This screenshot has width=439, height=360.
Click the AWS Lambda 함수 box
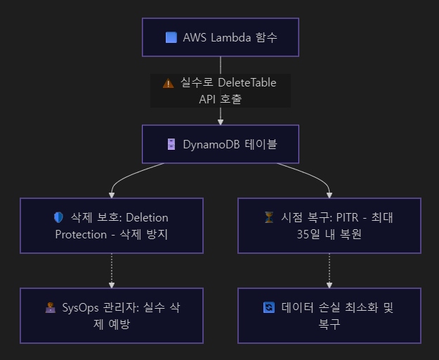tap(220, 37)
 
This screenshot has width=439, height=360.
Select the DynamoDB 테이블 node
tap(220, 144)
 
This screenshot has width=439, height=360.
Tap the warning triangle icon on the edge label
tap(168, 83)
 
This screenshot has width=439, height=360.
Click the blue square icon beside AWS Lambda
tap(171, 37)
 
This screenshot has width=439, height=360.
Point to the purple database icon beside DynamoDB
tap(171, 144)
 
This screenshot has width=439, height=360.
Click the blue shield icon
tap(58, 218)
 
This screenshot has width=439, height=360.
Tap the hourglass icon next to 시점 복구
tap(268, 218)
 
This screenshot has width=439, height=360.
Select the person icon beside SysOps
tap(49, 307)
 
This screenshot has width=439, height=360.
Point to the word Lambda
tap(230, 37)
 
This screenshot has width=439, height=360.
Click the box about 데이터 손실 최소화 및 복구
tap(329, 315)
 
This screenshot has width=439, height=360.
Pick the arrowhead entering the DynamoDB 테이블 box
tap(220, 121)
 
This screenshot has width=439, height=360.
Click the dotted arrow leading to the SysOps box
tap(112, 271)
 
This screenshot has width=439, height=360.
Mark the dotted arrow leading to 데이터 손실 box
tap(329, 271)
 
